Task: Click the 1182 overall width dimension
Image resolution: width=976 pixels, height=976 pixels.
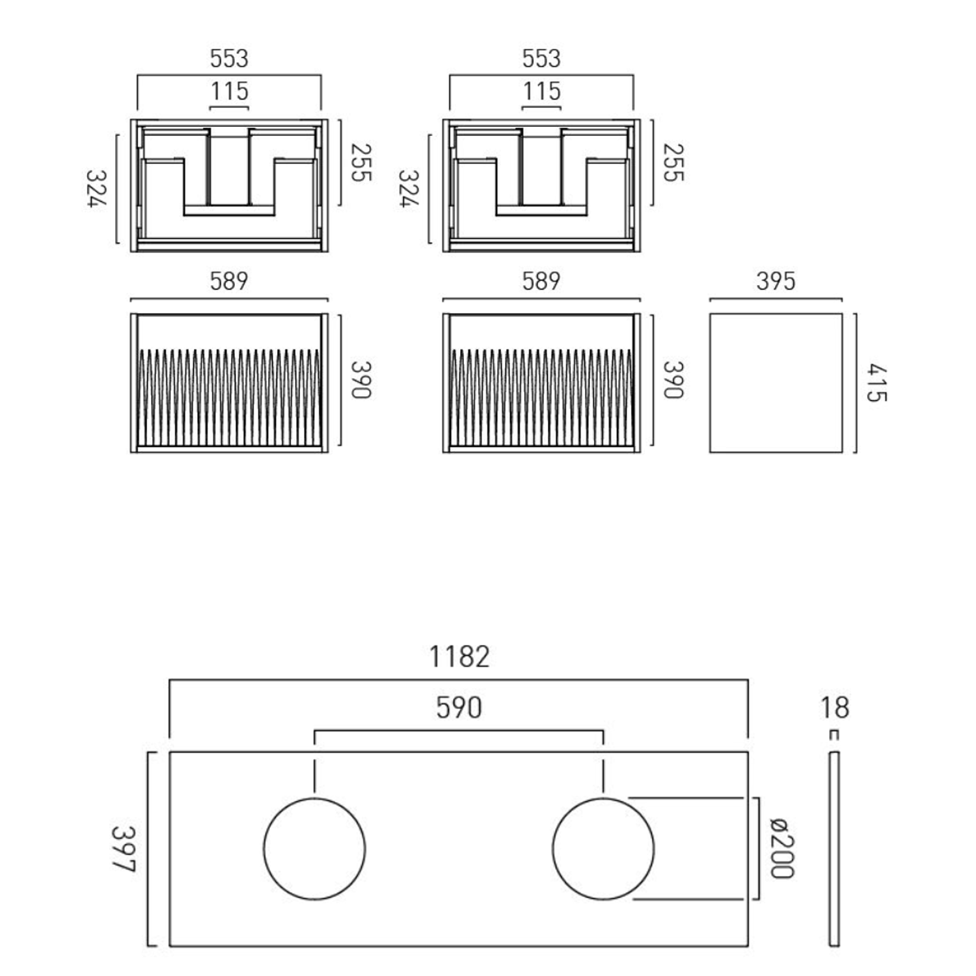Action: click(x=459, y=657)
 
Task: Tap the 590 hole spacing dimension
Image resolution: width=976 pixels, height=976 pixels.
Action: click(x=459, y=708)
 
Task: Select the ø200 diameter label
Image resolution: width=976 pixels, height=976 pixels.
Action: click(x=781, y=848)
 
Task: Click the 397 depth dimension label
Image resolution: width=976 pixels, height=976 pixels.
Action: click(x=123, y=848)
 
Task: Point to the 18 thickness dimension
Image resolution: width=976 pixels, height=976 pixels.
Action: click(x=834, y=708)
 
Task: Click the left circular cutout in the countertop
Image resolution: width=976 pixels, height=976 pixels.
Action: click(x=314, y=848)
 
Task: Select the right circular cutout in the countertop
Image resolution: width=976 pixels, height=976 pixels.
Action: click(x=603, y=848)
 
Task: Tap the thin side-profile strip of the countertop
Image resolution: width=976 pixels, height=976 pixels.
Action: click(x=834, y=848)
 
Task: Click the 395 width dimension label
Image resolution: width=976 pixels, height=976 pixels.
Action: click(x=776, y=281)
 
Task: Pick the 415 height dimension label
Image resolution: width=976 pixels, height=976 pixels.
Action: click(x=876, y=383)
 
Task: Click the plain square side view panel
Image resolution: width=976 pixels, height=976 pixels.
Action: click(x=776, y=383)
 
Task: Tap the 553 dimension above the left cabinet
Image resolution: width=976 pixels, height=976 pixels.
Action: click(x=229, y=59)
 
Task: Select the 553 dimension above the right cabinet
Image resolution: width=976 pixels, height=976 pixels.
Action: click(x=541, y=59)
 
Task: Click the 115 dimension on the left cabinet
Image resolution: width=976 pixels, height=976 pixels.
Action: click(x=229, y=91)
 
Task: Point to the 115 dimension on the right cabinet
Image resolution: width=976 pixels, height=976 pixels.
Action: click(x=541, y=91)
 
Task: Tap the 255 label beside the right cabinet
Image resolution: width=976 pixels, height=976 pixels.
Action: click(x=673, y=163)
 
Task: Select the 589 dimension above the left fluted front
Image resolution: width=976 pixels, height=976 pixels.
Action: click(x=229, y=281)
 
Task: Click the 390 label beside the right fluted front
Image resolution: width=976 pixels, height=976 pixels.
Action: click(x=673, y=380)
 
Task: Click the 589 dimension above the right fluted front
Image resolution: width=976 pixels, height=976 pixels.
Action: click(x=541, y=281)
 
